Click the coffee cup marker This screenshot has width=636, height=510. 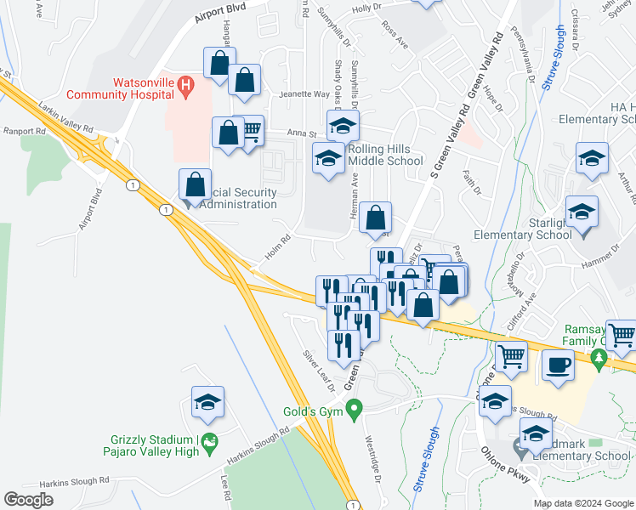point(559,365)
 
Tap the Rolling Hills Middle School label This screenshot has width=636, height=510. point(385,155)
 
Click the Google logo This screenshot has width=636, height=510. point(28,500)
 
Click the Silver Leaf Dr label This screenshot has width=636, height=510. point(320,371)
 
